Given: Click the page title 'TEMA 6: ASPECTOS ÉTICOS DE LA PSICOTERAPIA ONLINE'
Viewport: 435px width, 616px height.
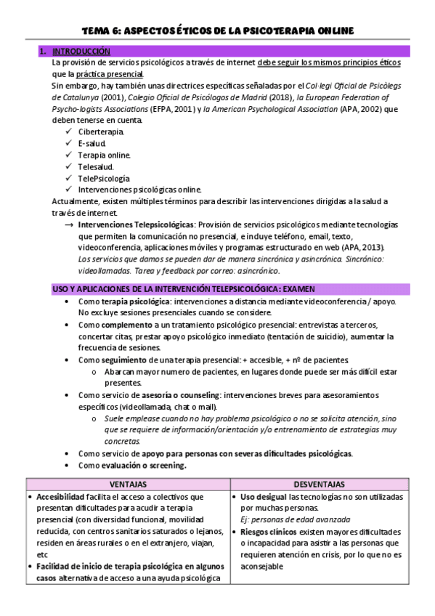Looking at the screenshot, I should pyautogui.click(x=217, y=30).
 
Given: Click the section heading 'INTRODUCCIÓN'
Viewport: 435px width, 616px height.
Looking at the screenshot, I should pyautogui.click(x=81, y=52).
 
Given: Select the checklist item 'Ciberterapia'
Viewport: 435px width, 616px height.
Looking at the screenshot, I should pyautogui.click(x=101, y=131).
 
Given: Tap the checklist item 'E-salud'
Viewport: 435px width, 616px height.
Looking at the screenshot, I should pyautogui.click(x=92, y=143).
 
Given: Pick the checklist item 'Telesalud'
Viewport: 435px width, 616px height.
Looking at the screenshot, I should pyautogui.click(x=96, y=166).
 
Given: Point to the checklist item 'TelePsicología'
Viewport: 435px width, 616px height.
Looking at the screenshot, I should pyautogui.click(x=104, y=178).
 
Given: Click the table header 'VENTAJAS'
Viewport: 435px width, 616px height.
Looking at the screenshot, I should pyautogui.click(x=128, y=484).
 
